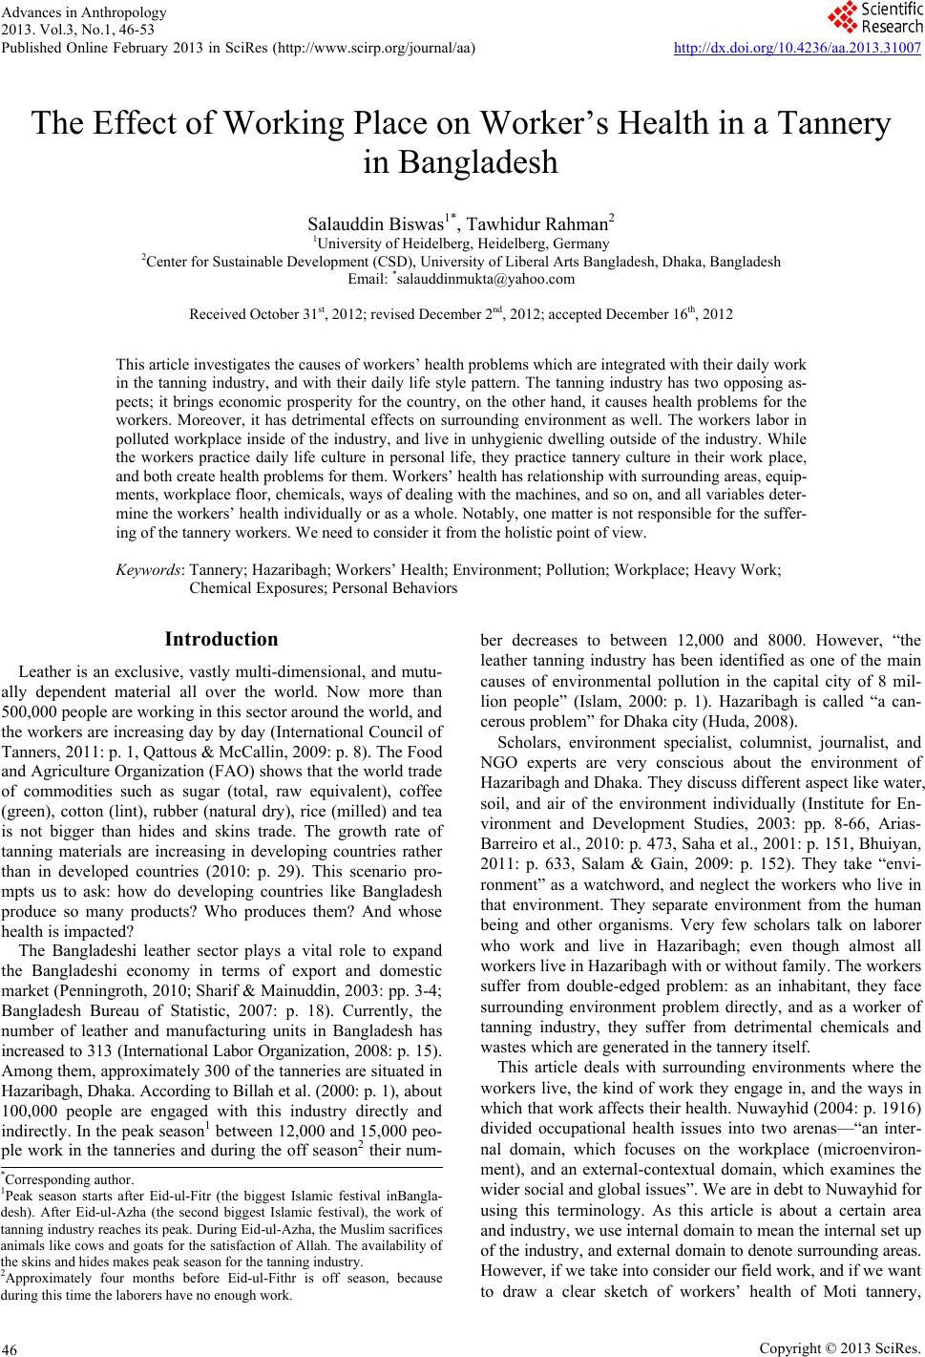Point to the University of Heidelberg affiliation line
(462, 244)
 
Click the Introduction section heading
(221, 639)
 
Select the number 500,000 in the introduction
(32, 710)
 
